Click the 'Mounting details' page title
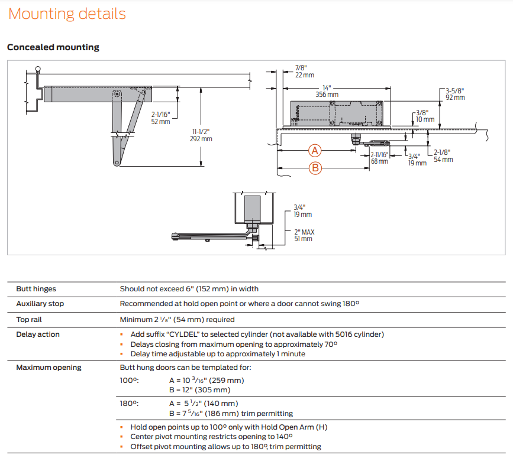(67, 14)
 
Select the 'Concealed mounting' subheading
(53, 47)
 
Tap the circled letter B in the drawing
(315, 168)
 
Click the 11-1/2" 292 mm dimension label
(201, 135)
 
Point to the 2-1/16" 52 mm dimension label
(160, 118)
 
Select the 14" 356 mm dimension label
(327, 90)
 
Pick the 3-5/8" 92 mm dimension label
(455, 93)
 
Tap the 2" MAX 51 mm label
(304, 235)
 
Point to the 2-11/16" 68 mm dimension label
(379, 158)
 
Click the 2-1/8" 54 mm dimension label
(443, 155)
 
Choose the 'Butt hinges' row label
(36, 289)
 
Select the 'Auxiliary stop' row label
(40, 304)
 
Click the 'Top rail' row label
(30, 320)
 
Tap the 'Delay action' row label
(38, 334)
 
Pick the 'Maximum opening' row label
(49, 368)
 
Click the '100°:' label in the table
(129, 381)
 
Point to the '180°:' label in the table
(129, 404)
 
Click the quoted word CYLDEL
(184, 334)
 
